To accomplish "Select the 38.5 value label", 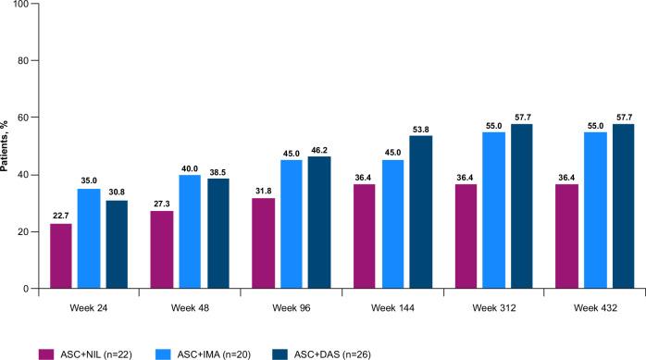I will pos(218,170).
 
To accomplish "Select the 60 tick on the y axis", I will pos(20,118).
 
